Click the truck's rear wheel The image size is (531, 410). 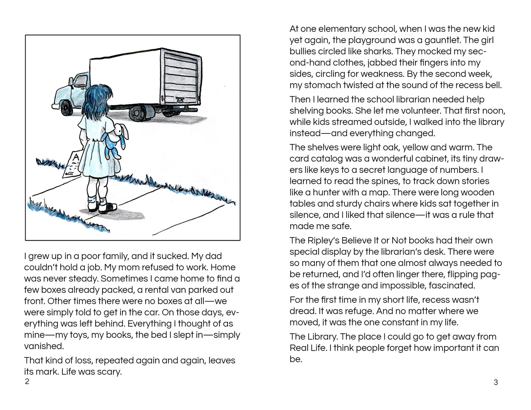137,113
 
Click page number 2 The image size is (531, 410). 27,381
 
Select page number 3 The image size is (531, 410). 496,382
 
